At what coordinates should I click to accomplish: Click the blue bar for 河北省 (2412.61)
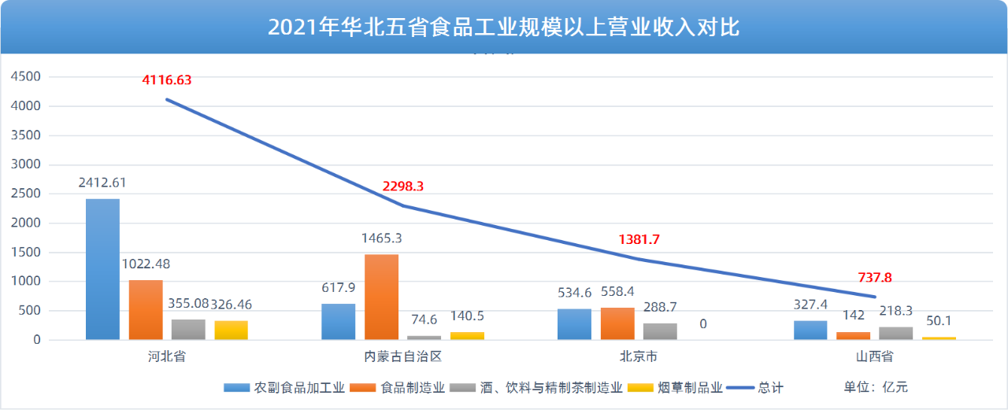pyautogui.click(x=102, y=269)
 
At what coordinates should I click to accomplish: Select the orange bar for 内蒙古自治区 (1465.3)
pyautogui.click(x=381, y=297)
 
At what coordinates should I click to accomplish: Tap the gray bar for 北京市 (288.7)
pyautogui.click(x=660, y=331)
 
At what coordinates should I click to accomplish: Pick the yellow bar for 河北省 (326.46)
pyautogui.click(x=231, y=331)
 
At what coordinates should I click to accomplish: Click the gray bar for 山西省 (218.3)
pyautogui.click(x=896, y=334)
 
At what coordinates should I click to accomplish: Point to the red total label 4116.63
pyautogui.click(x=167, y=79)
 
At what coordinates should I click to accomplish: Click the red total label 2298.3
pyautogui.click(x=403, y=187)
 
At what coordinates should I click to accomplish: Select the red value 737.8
pyautogui.click(x=876, y=277)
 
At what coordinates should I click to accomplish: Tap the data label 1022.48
pyautogui.click(x=145, y=263)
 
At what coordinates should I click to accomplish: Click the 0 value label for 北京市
pyautogui.click(x=703, y=323)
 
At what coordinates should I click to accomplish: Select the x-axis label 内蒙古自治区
pyautogui.click(x=402, y=356)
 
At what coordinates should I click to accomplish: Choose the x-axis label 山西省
pyautogui.click(x=875, y=356)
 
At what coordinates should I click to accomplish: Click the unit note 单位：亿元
pyautogui.click(x=876, y=387)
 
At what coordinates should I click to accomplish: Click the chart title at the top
pyautogui.click(x=504, y=28)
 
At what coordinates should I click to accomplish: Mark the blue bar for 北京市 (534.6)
pyautogui.click(x=574, y=324)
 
